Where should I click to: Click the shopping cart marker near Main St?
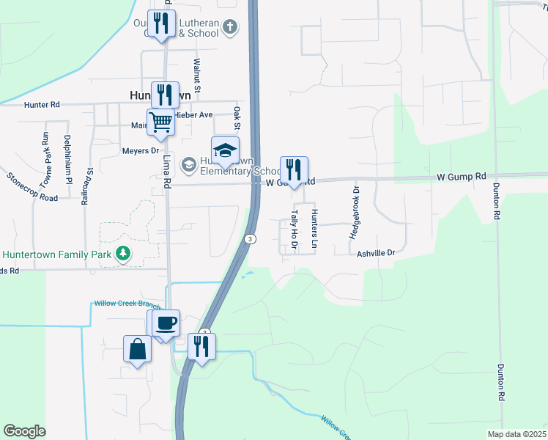[160, 121]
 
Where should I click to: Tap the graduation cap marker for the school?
[226, 150]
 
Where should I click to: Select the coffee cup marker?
[166, 323]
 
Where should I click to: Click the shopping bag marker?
[138, 348]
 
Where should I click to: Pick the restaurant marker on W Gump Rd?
[294, 169]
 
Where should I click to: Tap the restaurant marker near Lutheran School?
[161, 23]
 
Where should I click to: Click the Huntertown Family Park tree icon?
[124, 254]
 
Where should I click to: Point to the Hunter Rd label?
[41, 105]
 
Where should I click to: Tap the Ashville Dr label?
[376, 253]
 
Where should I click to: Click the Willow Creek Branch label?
[127, 304]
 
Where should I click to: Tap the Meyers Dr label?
[141, 151]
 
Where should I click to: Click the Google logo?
[24, 431]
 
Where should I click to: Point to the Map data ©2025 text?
[517, 434]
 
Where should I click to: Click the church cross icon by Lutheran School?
[230, 28]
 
